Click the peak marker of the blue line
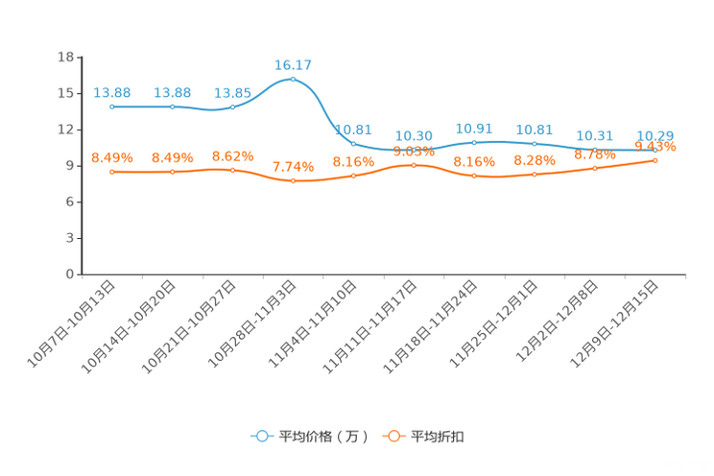(x=293, y=79)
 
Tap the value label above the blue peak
(x=293, y=65)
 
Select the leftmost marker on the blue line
(x=112, y=106)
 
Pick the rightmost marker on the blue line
(x=654, y=152)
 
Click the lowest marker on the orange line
(x=293, y=181)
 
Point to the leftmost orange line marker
(x=112, y=172)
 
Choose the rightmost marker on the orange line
(x=654, y=160)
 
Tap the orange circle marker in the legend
(x=392, y=436)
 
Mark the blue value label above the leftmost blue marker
(x=112, y=92)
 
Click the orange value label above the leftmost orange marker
(x=112, y=157)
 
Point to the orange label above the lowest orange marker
(x=293, y=167)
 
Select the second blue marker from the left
(x=173, y=106)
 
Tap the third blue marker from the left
(x=232, y=106)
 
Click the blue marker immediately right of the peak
(x=353, y=144)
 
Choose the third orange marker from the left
(x=232, y=170)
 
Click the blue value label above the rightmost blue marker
(x=654, y=136)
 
